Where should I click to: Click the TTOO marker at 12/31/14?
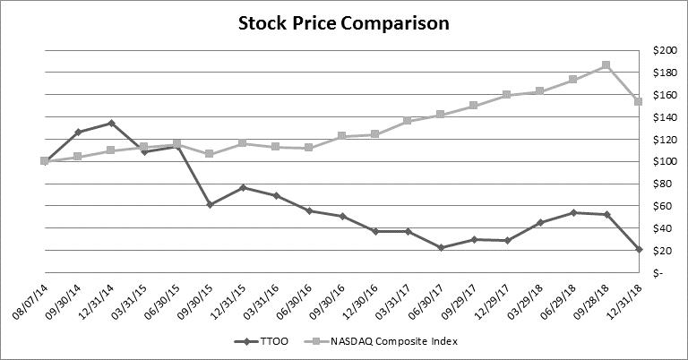[111, 123]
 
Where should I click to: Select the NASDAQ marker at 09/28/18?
[606, 65]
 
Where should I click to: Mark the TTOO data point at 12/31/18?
[639, 249]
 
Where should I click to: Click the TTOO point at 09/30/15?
[210, 204]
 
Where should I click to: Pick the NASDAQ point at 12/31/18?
[639, 101]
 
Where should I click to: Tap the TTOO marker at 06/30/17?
[441, 247]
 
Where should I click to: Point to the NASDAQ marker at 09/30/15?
[210, 153]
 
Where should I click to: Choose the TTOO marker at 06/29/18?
[573, 212]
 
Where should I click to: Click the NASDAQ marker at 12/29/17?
[507, 94]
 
